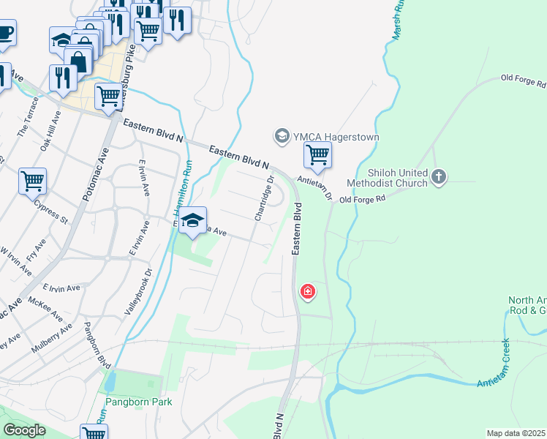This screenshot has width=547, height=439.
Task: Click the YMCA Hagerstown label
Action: click(326, 136)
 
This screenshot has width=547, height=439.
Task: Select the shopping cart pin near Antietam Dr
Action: click(317, 155)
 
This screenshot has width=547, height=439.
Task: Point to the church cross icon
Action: click(438, 176)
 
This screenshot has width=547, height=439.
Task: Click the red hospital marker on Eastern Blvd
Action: click(308, 293)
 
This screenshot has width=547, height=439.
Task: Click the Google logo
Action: click(24, 430)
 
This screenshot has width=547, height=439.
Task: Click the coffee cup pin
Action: click(4, 33)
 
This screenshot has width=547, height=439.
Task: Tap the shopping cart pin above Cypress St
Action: click(33, 180)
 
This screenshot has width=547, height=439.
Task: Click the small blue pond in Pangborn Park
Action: click(110, 381)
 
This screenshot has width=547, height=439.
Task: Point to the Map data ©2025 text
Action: click(516, 433)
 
